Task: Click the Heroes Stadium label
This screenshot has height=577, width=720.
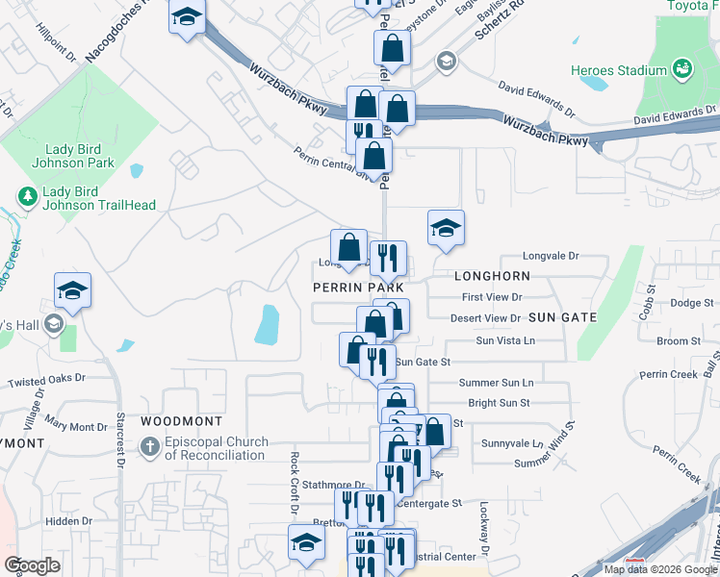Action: coord(631,70)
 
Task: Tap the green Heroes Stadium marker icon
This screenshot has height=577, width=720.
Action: coord(682,69)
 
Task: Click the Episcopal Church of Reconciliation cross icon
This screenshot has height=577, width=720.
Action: coord(149,447)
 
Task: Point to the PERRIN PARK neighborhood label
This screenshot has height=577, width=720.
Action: coord(356,288)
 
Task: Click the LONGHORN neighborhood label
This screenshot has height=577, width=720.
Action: coord(491,276)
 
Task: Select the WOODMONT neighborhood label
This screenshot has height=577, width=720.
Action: coord(181,421)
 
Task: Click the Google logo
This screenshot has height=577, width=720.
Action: coord(33,565)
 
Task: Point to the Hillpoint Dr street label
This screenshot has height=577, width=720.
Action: coord(56,44)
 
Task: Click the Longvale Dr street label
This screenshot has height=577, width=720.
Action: coord(551,256)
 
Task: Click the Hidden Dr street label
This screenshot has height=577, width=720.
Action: coord(67,521)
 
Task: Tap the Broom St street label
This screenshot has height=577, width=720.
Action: coord(679,341)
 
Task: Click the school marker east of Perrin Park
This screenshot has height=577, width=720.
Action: coord(446,228)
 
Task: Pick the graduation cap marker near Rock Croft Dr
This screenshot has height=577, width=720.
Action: coord(306,541)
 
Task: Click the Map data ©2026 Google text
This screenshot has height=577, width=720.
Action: coord(660,569)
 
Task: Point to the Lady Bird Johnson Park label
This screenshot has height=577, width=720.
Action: coord(80,156)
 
